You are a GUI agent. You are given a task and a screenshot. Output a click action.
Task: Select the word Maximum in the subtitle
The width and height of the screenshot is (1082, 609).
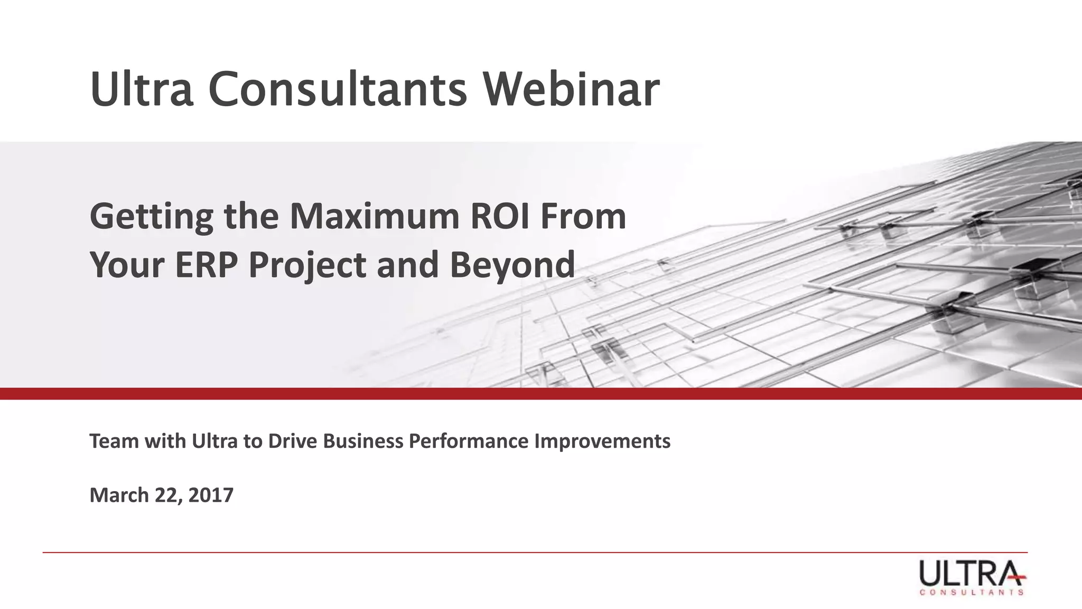pos(375,217)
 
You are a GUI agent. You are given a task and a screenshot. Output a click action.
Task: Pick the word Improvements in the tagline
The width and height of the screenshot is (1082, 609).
pos(602,441)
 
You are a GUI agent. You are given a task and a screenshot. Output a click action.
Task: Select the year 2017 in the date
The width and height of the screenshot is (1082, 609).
pos(211,495)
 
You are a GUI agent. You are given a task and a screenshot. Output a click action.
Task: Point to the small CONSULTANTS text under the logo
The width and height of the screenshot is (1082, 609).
pos(972,593)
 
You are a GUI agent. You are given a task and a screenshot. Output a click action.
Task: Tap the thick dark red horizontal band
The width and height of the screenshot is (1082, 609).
pos(541,394)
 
